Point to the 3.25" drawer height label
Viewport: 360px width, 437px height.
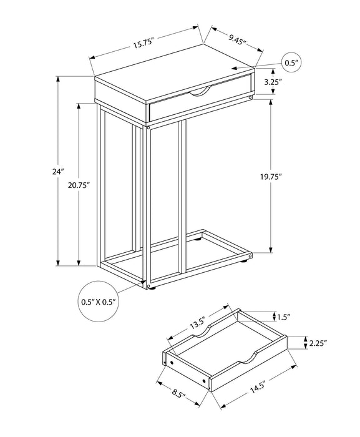pyautogui.click(x=290, y=82)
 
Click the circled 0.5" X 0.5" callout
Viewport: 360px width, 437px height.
pyautogui.click(x=99, y=301)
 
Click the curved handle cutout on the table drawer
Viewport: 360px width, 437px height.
pyautogui.click(x=199, y=93)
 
